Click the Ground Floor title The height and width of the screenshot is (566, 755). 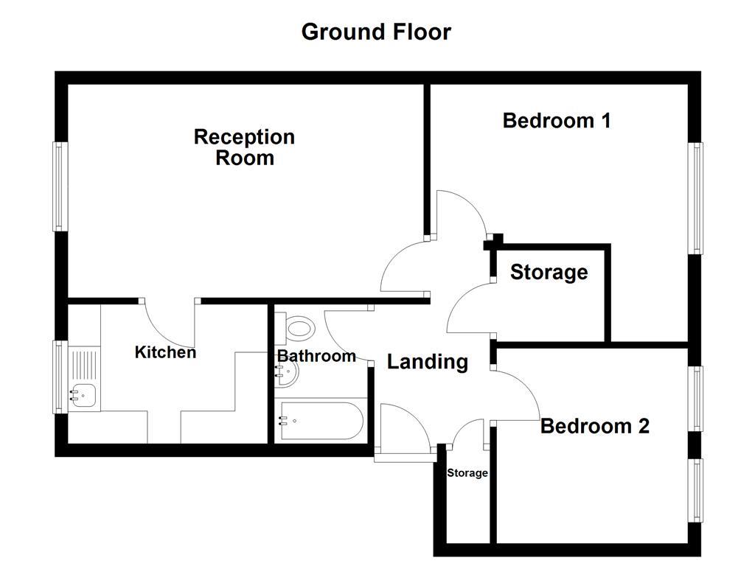click(376, 32)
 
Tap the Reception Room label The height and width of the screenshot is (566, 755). click(244, 147)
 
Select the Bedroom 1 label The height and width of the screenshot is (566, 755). click(557, 120)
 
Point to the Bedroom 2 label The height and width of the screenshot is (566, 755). click(595, 426)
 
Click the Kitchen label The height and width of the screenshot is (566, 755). click(165, 352)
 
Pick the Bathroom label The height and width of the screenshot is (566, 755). click(316, 357)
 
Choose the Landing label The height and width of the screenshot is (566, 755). click(428, 362)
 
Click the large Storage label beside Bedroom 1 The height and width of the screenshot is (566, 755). click(549, 273)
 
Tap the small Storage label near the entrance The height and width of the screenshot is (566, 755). click(467, 473)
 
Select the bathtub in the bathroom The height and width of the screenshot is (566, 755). click(320, 422)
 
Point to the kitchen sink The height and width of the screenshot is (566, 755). click(83, 395)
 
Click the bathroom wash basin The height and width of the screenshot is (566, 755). click(287, 374)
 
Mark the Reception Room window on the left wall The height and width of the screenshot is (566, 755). click(59, 186)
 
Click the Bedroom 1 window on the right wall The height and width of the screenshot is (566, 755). click(695, 198)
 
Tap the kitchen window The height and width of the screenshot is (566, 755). click(59, 376)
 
